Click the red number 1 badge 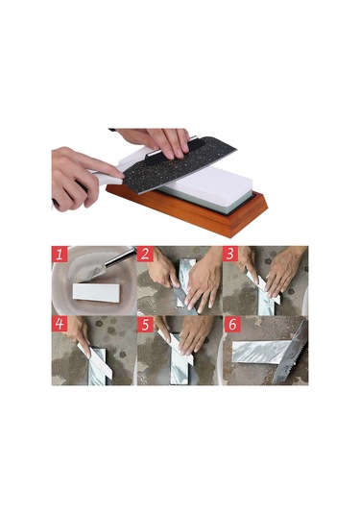point(60,254)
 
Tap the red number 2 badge point(145,254)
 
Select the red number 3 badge point(230,254)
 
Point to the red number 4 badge point(60,324)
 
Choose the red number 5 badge point(145,324)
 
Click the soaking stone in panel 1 point(96,292)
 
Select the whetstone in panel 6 point(260,352)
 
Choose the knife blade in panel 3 point(264,289)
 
